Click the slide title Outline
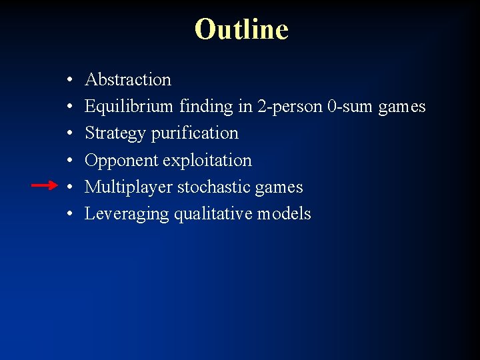(x=241, y=29)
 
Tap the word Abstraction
(x=128, y=80)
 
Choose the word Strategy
(x=115, y=133)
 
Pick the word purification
(x=194, y=133)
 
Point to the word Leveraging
(x=127, y=214)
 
